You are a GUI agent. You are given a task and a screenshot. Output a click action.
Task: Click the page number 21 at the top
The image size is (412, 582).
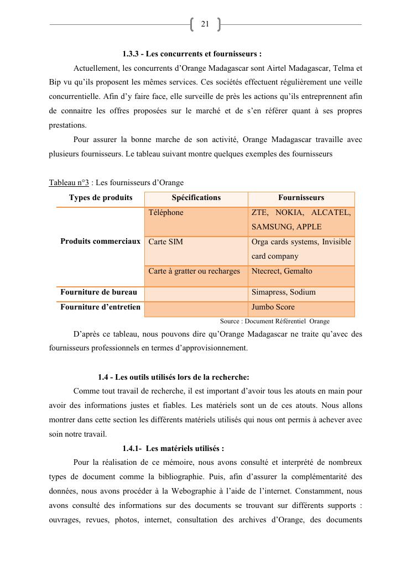[205, 24]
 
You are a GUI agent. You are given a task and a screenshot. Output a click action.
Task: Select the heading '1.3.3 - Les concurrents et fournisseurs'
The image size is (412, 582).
[192, 54]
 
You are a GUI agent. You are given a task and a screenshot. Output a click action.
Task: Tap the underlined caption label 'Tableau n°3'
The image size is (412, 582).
[69, 182]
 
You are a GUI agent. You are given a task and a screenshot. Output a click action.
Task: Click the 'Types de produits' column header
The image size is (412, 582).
[101, 197]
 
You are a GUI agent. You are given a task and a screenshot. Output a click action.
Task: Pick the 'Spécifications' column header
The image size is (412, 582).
[196, 197]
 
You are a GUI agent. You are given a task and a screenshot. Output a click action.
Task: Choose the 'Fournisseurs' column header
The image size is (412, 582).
[301, 197]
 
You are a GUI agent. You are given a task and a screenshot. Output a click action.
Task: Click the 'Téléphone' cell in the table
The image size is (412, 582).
[165, 212]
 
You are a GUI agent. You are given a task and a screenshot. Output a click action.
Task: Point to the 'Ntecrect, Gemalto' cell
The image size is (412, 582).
[281, 271]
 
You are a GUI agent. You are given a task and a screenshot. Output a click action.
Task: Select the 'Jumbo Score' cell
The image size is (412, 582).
[273, 307]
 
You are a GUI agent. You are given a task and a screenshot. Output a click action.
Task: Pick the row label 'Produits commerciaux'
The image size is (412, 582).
[100, 242]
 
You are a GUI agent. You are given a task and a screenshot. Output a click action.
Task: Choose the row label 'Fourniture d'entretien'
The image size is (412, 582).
[100, 307]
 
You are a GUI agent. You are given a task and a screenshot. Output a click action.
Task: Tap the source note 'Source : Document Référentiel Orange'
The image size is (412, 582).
[274, 321]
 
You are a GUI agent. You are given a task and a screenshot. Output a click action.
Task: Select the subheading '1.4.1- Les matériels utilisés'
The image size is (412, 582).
[173, 448]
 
